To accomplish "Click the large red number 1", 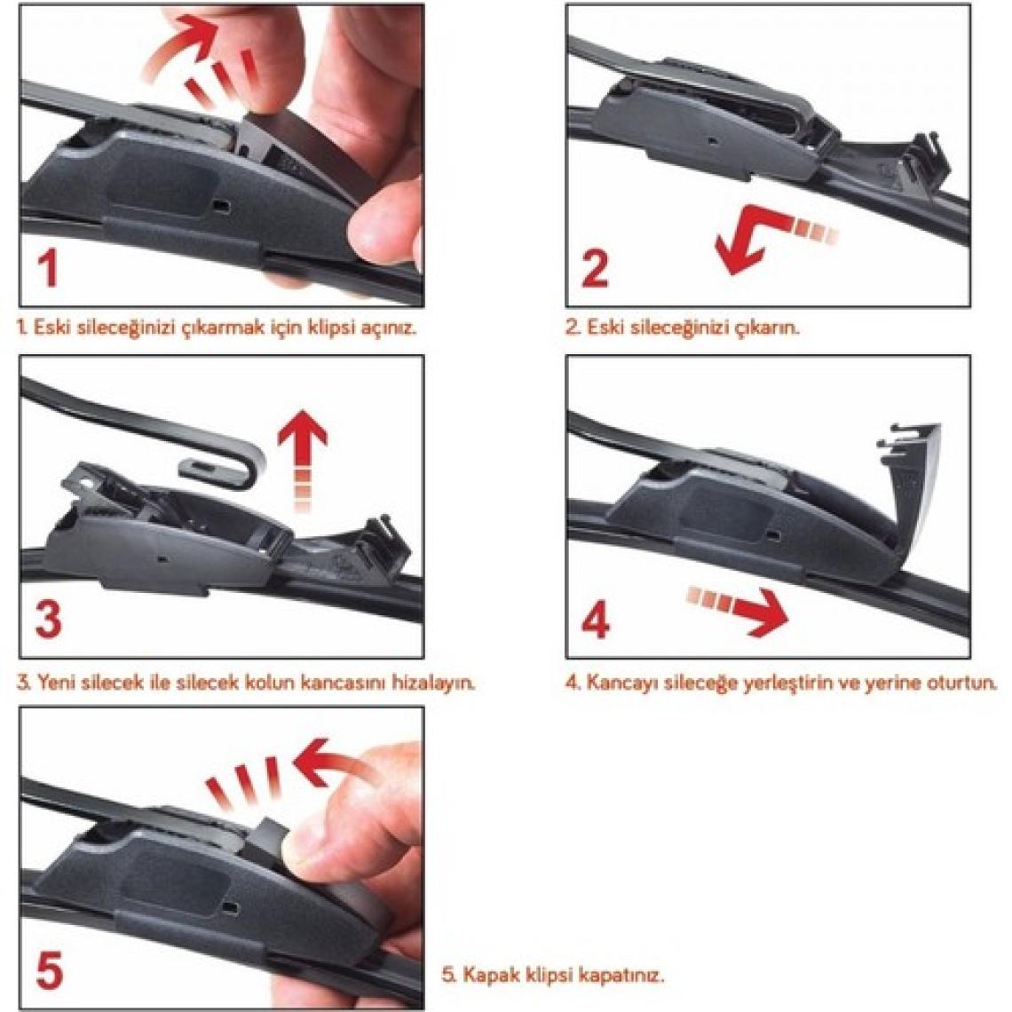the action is coord(46,268).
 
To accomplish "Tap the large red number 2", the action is coord(595,268).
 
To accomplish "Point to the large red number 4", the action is coord(595,621).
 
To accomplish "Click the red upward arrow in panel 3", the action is coord(302,458).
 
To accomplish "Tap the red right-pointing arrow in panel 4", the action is coord(738,605).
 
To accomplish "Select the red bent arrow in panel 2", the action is coord(768,239).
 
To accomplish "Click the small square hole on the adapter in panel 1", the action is coord(221,205).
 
